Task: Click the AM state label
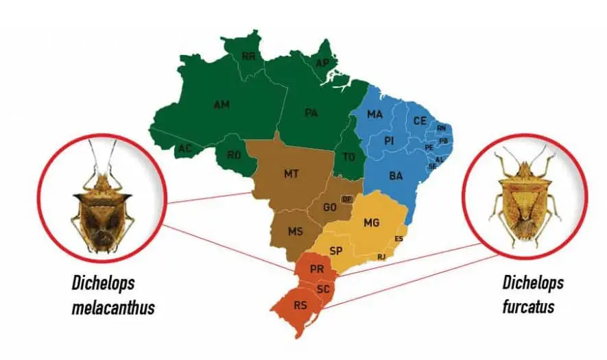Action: (222, 105)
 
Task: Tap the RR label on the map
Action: (248, 56)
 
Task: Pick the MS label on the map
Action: (295, 232)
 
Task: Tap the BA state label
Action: (396, 176)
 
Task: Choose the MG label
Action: (371, 223)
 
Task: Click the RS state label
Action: (300, 305)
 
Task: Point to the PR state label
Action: (316, 269)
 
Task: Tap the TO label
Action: (349, 157)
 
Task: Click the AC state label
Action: (185, 148)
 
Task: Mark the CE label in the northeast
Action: (420, 121)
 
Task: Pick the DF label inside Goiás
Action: (346, 199)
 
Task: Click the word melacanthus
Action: (113, 308)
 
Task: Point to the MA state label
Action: (374, 115)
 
